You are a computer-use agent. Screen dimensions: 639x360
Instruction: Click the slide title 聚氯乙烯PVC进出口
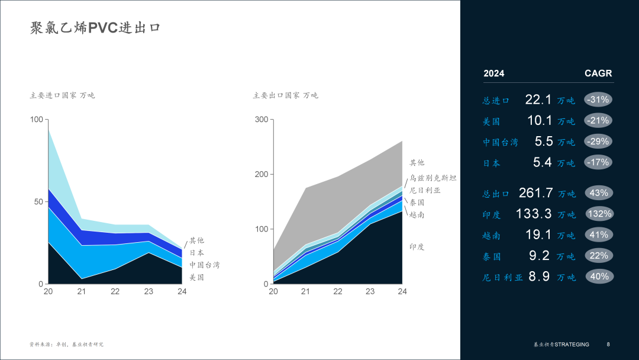(95, 28)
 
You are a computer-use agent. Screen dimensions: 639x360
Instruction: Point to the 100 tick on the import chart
(36, 120)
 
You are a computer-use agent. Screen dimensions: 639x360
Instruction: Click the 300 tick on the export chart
(262, 120)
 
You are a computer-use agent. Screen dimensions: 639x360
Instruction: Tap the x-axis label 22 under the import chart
(115, 291)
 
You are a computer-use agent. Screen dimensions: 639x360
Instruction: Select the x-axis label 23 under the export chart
(370, 291)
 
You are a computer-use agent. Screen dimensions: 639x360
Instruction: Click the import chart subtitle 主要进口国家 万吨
(62, 95)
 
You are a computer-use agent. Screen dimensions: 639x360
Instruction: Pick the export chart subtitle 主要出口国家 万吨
(285, 95)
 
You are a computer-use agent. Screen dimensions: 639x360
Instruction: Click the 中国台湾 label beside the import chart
(205, 265)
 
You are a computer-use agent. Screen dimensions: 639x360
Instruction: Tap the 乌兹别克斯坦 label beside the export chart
(433, 178)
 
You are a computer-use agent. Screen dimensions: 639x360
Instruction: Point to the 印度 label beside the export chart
(417, 247)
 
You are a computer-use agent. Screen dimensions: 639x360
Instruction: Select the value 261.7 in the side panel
(535, 193)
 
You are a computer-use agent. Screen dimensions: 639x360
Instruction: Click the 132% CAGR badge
(599, 214)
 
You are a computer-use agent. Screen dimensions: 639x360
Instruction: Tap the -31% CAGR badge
(598, 99)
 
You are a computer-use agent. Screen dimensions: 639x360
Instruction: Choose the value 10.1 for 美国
(540, 121)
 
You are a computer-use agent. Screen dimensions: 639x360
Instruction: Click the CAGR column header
(598, 73)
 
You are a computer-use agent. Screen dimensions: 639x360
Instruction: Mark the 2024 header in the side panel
(494, 73)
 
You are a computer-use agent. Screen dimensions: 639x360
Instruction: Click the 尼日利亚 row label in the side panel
(502, 277)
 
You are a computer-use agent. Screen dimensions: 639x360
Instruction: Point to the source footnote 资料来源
(66, 345)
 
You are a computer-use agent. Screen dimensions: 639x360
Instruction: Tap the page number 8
(608, 345)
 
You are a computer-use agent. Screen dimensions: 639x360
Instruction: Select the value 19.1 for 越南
(538, 235)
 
